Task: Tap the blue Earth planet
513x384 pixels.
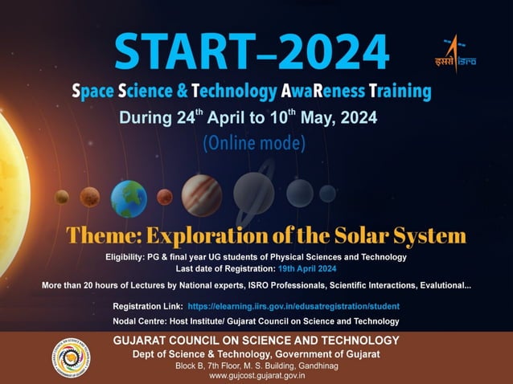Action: [128, 198]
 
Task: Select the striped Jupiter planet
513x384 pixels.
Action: [201, 195]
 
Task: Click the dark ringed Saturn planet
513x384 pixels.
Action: [254, 194]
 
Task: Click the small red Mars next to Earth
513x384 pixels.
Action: [165, 197]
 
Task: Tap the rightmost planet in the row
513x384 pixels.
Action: [327, 193]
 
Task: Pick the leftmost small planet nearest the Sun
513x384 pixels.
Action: [62, 197]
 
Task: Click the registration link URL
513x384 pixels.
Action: [293, 306]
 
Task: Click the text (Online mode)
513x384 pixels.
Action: [254, 144]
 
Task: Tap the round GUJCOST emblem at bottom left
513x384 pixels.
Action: [74, 357]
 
